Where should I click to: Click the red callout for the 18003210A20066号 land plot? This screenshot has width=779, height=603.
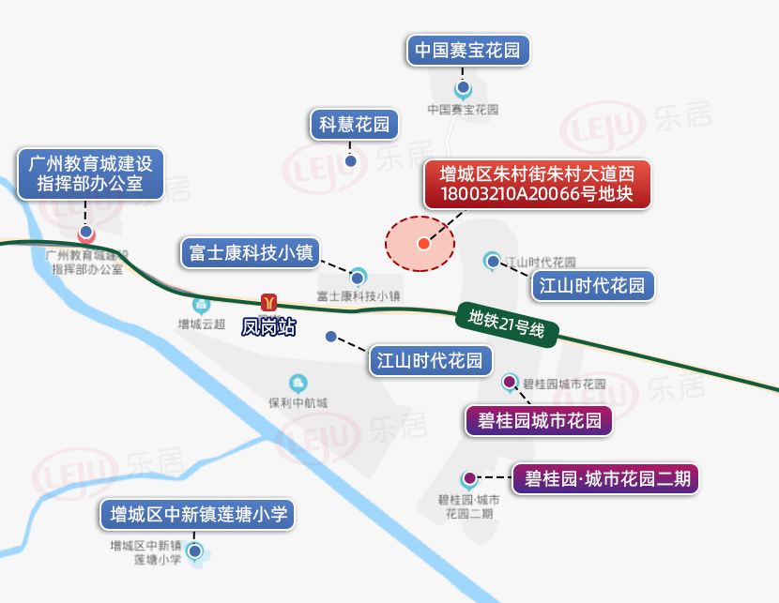pos(537,184)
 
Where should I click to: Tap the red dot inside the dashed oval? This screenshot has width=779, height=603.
pos(423,244)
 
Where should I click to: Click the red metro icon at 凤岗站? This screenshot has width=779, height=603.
pos(269,302)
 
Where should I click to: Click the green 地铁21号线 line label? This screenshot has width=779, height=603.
pos(507,324)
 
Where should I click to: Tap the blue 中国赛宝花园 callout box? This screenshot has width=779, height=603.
pos(468,50)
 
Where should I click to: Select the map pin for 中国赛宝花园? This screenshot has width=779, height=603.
pos(463,89)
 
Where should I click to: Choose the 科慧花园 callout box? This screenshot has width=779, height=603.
pos(354,124)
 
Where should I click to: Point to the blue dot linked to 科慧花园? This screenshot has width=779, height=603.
pos(351,160)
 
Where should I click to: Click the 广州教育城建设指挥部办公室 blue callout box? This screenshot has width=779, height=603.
pos(90,173)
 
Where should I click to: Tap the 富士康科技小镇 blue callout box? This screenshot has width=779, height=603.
pos(250,252)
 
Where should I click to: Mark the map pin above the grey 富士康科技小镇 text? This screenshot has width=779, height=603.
pos(358,277)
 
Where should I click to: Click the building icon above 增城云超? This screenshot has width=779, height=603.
pos(201,306)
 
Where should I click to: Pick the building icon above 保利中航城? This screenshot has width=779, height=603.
pos(298,383)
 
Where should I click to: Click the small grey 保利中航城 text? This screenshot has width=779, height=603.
pos(298,403)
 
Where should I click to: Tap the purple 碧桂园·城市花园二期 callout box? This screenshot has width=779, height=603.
pos(605,479)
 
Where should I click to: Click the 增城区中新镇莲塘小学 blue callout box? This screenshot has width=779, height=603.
pos(198,514)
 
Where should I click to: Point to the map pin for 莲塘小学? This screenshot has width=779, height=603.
pos(194,551)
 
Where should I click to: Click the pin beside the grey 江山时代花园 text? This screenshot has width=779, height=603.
pos(492,261)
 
